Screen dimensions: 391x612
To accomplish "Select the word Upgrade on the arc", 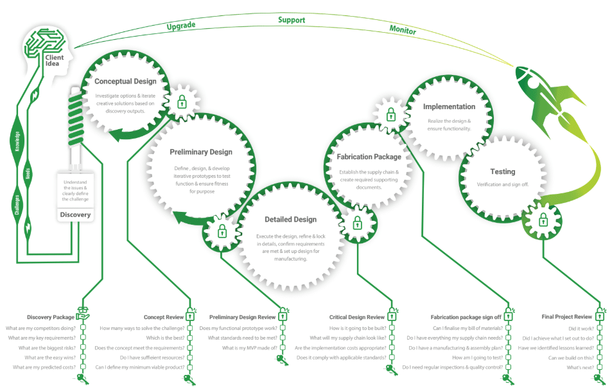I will (x=181, y=26).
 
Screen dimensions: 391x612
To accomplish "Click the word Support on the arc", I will (x=291, y=20).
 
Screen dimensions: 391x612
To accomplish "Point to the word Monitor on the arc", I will (x=403, y=30).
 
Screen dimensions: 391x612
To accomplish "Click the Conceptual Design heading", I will (x=125, y=82).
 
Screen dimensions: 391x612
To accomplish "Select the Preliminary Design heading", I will (x=201, y=152).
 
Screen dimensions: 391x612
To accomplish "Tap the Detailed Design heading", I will (x=290, y=220).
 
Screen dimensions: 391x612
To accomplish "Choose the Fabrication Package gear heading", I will (x=369, y=157).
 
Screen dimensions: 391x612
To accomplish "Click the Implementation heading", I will (x=450, y=107).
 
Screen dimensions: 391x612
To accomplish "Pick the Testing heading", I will (x=503, y=171).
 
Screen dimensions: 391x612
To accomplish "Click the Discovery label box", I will (x=76, y=214).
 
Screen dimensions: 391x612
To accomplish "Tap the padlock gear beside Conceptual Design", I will (x=182, y=101).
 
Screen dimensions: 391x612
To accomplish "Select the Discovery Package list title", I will (x=51, y=317).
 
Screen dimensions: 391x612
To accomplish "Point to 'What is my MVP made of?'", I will (x=250, y=347).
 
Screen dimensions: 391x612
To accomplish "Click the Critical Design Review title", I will (x=357, y=317).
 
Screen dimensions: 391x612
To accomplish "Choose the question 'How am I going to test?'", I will (x=476, y=357).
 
